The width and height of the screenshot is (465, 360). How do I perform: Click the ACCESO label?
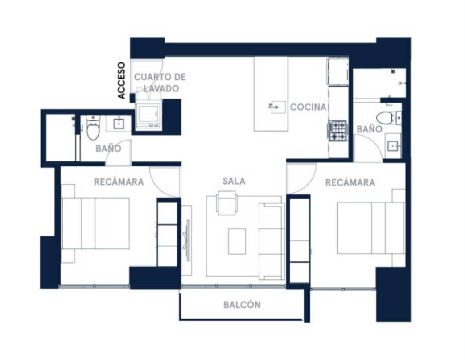pos(121,80)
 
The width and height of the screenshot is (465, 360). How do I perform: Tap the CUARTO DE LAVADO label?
pos(160,83)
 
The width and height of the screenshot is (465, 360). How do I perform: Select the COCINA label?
pos(308,107)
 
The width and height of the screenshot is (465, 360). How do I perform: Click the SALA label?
pos(234,181)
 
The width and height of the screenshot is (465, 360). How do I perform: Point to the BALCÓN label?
pos(242,305)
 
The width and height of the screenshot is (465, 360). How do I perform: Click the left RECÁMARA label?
pos(119,182)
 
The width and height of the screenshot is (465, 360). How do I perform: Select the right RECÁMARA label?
pos(350,182)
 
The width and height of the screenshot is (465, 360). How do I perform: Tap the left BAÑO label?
pos(108,149)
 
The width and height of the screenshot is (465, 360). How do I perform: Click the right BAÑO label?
pos(370,129)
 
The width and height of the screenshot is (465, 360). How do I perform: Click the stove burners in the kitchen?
pos(337,130)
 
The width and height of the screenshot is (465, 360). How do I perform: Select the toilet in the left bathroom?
pos(93,128)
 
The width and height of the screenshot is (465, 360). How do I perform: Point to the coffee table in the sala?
pos(237,241)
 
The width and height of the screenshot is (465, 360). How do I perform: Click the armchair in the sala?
pos(227,203)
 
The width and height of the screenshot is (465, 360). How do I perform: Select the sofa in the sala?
pos(272,241)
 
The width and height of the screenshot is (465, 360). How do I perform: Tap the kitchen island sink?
pos(277,107)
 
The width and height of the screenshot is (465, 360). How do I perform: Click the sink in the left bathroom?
pos(119,124)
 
